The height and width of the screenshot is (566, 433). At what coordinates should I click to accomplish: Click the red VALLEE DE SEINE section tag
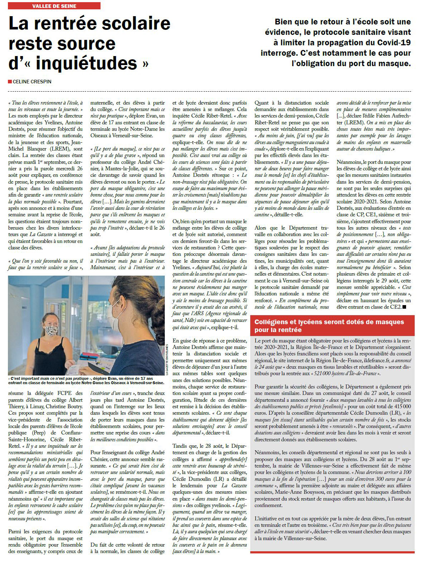click(54, 6)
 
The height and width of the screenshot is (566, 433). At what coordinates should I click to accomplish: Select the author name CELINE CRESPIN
click(32, 82)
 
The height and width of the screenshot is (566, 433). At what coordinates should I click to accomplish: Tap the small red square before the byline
click(10, 82)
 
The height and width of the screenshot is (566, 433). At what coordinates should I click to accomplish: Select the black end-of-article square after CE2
click(404, 307)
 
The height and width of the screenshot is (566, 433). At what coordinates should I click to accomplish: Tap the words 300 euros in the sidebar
click(387, 479)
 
